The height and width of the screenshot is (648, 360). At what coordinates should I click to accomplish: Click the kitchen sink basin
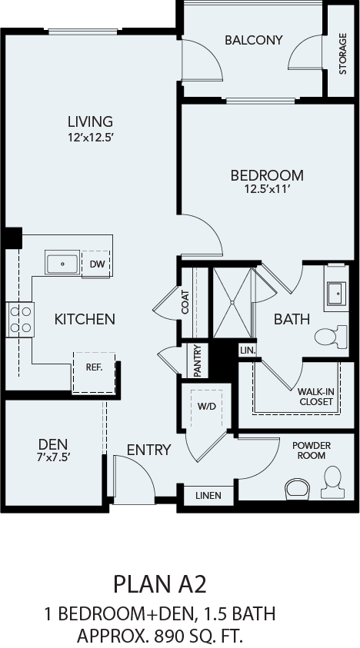click(62, 263)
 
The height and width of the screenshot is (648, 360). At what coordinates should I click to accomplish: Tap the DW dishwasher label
click(96, 264)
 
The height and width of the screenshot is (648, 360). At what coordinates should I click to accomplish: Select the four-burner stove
click(20, 319)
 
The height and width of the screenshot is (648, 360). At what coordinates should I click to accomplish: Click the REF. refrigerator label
click(94, 367)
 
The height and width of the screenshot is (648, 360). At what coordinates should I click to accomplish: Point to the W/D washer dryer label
click(206, 406)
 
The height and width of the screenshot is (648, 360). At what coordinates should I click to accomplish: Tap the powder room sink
click(297, 489)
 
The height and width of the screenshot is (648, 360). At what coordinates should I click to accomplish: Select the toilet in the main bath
click(331, 337)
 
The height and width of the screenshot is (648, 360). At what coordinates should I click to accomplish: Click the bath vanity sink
click(336, 294)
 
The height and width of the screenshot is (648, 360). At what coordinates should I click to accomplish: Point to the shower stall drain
click(232, 303)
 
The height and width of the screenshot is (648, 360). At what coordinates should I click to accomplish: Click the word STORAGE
click(342, 54)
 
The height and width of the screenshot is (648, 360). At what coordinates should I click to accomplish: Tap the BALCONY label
click(254, 40)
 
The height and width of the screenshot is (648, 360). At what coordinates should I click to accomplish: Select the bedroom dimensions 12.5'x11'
click(267, 189)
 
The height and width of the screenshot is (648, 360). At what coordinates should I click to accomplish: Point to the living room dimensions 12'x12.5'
click(90, 136)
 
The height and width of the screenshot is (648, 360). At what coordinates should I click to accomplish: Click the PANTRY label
click(198, 361)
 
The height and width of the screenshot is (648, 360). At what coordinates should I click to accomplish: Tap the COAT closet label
click(185, 302)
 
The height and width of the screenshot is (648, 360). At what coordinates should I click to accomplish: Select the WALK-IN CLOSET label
click(316, 397)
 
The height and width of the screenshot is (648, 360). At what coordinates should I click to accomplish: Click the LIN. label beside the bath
click(248, 351)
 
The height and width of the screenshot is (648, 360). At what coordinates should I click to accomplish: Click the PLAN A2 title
click(160, 585)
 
